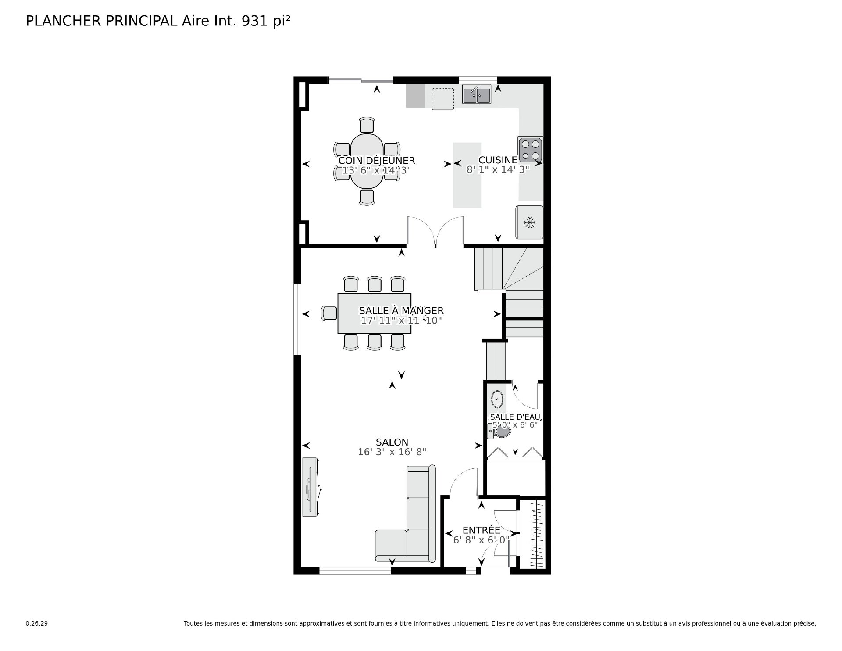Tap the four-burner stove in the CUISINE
[x=530, y=150]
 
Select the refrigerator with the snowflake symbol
[x=530, y=223]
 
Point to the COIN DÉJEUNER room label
[x=376, y=161]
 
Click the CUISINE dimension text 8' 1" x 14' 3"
[x=498, y=170]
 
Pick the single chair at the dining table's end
[x=329, y=313]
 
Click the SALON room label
[x=392, y=442]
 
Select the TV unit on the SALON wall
[x=310, y=487]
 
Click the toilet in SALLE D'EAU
[x=500, y=433]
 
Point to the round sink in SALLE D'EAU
[x=497, y=399]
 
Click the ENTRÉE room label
[x=481, y=530]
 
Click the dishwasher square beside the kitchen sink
[x=442, y=99]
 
